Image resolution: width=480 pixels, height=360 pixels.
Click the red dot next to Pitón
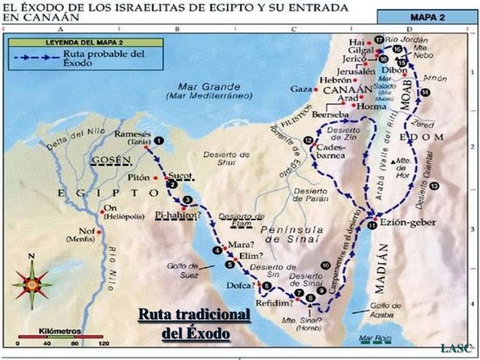coord(156,178)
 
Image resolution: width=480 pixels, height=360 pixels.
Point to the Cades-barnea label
coord(332,153)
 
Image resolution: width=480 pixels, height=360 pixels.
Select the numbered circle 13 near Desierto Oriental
coord(433,184)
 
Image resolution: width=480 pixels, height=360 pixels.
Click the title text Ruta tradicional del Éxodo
coord(193,323)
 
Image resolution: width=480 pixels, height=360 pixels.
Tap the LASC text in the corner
coord(456,347)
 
